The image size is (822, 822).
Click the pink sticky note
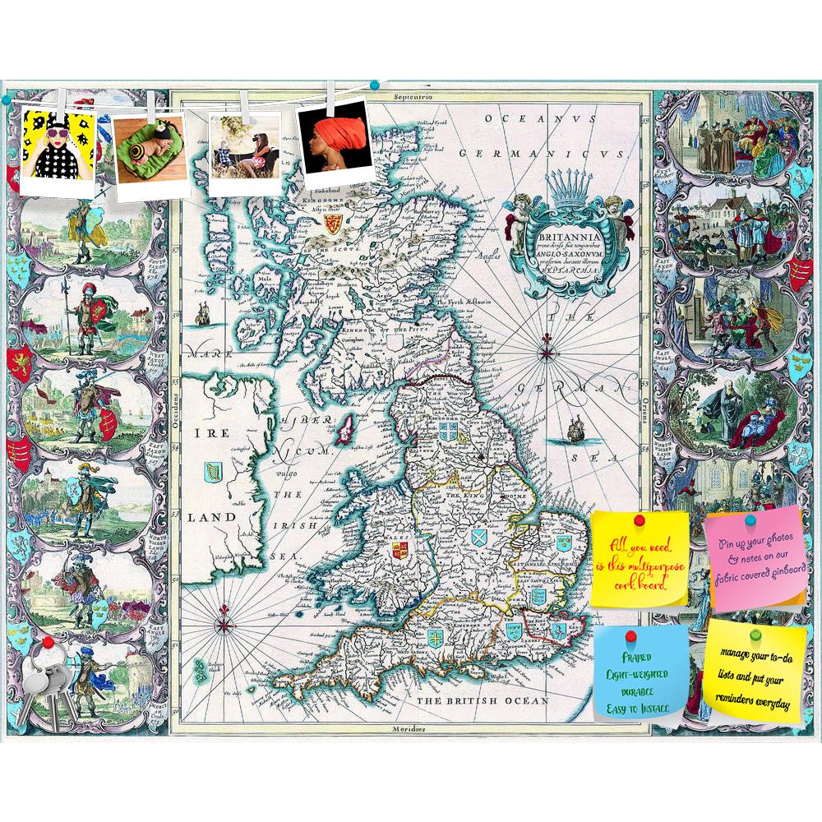pos(755,559)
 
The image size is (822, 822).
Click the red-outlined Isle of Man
pos(348,428)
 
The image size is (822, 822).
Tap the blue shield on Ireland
pos(212,473)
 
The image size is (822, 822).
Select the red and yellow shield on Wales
pos(400,550)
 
